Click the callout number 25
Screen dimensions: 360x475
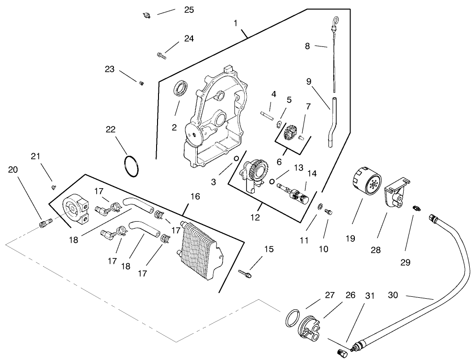[x=189, y=10]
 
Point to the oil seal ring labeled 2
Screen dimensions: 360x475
[x=181, y=90]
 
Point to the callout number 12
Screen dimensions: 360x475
[x=255, y=217]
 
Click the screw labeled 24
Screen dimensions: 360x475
[x=161, y=55]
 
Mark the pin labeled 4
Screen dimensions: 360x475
[x=266, y=114]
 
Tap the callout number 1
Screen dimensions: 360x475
[x=235, y=22]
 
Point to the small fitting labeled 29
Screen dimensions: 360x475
[x=416, y=208]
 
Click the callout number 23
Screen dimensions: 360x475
[x=110, y=69]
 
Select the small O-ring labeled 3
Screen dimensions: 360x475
[x=236, y=159]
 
